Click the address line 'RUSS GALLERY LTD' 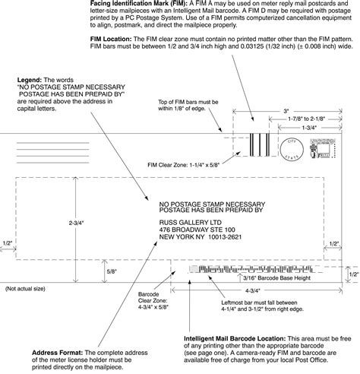(191, 221)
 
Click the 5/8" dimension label (112, 271)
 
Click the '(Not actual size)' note (24, 290)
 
